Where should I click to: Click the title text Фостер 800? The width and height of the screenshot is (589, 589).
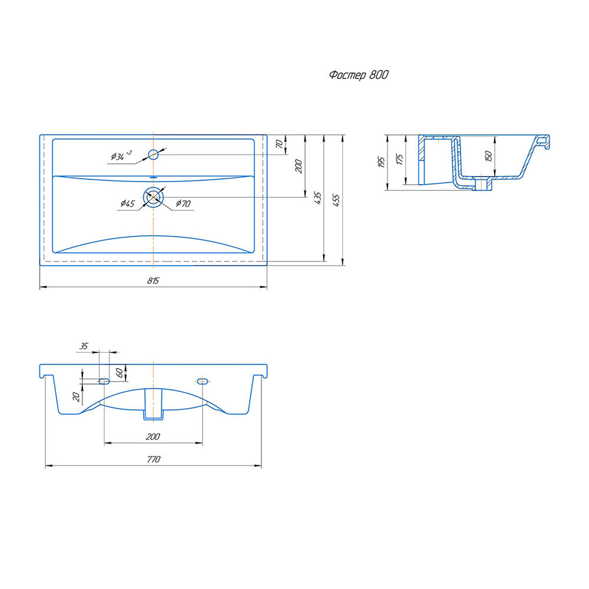(359, 75)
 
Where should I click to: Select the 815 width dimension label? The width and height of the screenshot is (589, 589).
(153, 280)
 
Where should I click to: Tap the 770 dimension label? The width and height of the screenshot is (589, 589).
(154, 459)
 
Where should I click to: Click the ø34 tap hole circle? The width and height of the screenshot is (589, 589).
(153, 154)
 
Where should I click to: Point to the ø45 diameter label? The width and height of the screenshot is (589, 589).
(128, 204)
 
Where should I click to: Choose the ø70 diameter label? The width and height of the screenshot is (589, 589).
(183, 204)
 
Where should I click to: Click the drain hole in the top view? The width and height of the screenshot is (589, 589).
(153, 197)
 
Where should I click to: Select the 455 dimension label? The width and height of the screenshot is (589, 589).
(336, 200)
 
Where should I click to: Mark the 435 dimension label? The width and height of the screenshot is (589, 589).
(318, 198)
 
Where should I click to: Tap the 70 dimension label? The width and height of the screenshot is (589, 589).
(279, 144)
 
